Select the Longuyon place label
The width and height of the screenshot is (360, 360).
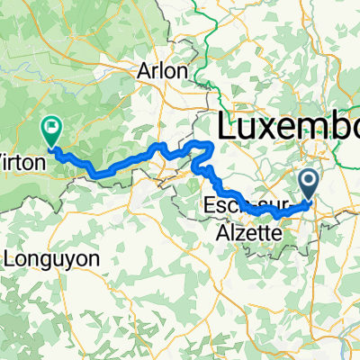click(52, 258)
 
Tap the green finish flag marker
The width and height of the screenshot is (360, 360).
click(50, 132)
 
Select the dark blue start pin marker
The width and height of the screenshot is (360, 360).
click(310, 185)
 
